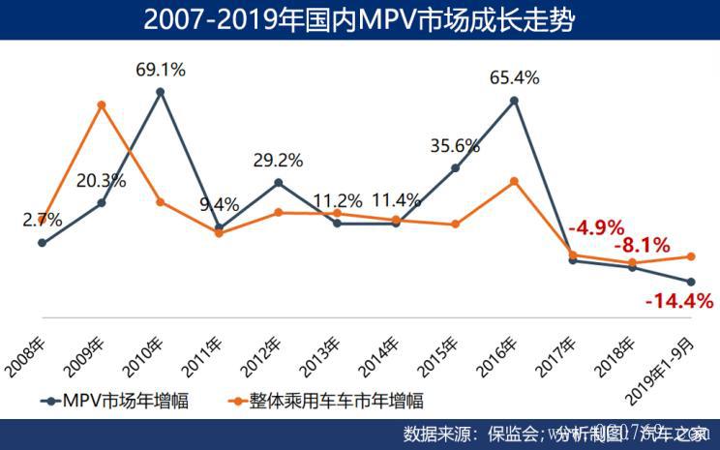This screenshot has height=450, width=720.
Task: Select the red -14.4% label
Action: click(678, 301)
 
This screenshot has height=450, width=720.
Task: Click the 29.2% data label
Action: click(279, 160)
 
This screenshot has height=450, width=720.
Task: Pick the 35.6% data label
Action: click(455, 146)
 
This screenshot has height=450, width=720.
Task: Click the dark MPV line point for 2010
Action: click(161, 92)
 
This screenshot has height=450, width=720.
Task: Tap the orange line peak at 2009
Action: click(101, 105)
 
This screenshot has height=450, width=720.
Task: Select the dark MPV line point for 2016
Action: click(516, 99)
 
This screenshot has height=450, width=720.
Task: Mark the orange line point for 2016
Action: click(516, 181)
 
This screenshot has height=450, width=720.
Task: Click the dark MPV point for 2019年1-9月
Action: click(691, 282)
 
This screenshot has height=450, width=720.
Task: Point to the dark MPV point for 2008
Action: click(42, 243)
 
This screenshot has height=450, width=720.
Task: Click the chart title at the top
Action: click(359, 19)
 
